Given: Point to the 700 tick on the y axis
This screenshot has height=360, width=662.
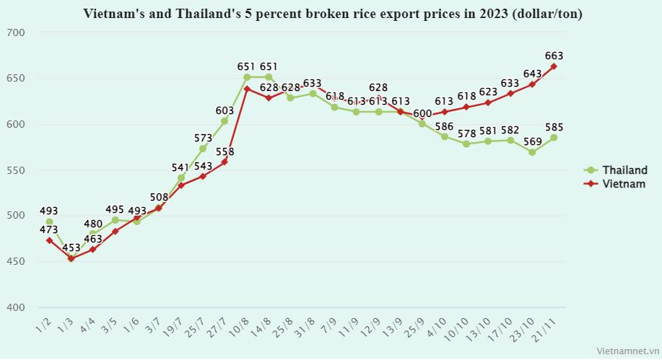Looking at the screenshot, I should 17,32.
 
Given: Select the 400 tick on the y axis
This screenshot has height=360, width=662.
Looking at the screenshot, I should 17,307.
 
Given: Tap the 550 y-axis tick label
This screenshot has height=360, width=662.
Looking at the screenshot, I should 17,170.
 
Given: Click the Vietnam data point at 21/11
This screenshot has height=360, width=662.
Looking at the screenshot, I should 554,66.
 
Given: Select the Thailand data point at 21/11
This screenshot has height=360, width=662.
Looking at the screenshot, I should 554,137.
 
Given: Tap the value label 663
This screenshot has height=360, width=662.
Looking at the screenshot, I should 554,56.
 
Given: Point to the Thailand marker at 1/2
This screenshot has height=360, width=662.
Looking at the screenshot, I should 49,222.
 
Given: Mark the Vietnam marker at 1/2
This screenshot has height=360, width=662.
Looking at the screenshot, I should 49,240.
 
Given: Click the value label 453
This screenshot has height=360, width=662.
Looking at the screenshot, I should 71,247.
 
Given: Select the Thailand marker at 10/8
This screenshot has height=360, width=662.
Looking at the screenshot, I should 246,77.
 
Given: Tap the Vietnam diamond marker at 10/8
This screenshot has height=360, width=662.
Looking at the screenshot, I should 246,89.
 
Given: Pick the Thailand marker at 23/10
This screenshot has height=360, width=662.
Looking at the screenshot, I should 532,152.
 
